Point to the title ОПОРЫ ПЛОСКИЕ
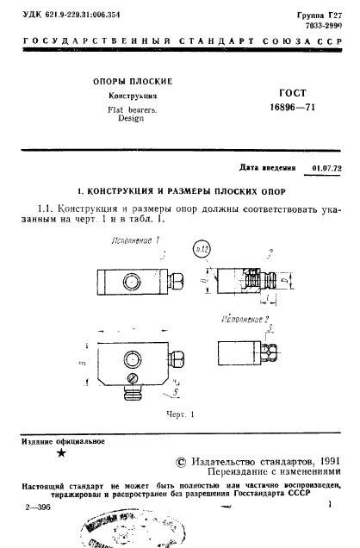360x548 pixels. (132, 81)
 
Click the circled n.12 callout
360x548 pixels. (204, 251)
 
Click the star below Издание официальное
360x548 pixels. (59, 451)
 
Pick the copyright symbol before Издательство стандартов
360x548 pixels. (180, 462)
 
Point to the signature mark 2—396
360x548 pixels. (39, 508)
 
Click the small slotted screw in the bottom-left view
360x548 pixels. (131, 377)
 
